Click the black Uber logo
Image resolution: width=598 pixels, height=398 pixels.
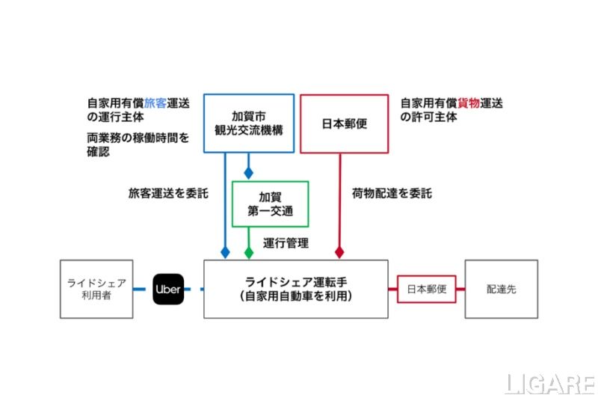pos(167,289)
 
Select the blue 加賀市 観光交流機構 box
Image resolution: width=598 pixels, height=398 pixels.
pos(248,123)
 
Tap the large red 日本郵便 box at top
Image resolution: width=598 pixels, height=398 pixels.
pos(344,123)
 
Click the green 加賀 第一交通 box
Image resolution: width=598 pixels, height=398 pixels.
pos(271,203)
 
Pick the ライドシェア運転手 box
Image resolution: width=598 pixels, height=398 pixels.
pos(296,289)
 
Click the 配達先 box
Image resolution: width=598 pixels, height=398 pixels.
pos(501,289)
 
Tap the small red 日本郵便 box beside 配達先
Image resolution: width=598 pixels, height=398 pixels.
pos(426,289)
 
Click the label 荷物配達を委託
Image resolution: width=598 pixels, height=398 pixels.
pos(392,193)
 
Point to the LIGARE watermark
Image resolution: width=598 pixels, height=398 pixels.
pos(549,384)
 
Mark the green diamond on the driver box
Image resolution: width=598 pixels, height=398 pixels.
pos(249,253)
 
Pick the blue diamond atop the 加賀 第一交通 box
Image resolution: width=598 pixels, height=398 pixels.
pos(249,173)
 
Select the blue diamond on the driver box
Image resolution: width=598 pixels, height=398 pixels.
pos(225,253)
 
